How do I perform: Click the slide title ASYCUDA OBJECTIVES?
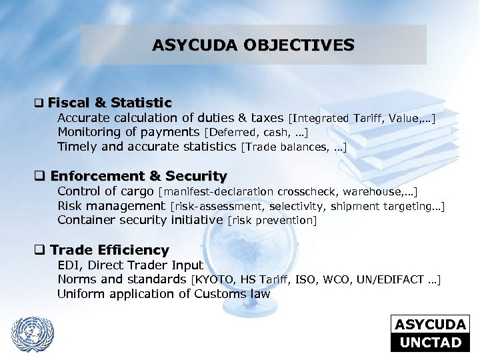click(253, 45)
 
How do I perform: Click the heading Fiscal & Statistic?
click(109, 103)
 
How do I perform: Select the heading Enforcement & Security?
click(138, 177)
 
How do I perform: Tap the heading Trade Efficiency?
click(109, 250)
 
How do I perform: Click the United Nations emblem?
click(33, 332)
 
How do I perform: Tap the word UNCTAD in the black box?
click(430, 343)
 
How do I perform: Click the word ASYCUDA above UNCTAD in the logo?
click(430, 325)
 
